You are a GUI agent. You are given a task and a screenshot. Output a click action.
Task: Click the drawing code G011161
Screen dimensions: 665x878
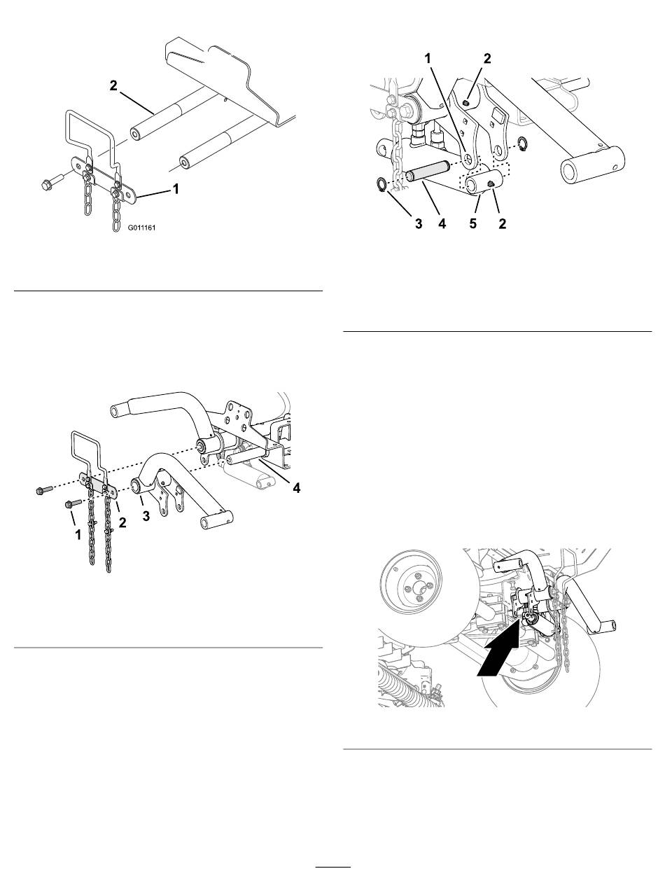pyautogui.click(x=141, y=228)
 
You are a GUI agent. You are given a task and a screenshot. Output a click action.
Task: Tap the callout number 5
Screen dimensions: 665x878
pyautogui.click(x=472, y=223)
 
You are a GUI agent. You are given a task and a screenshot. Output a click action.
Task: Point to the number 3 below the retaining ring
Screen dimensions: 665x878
pyautogui.click(x=419, y=223)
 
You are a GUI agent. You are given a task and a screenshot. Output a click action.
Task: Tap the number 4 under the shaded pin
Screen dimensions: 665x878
pyautogui.click(x=442, y=223)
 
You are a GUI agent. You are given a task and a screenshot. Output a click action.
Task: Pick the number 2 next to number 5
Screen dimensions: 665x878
pyautogui.click(x=502, y=223)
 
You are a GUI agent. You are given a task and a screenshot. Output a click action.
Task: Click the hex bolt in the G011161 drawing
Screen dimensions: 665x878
pyautogui.click(x=52, y=181)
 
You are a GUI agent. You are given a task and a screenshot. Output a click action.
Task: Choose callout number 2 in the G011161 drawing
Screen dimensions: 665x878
pyautogui.click(x=113, y=85)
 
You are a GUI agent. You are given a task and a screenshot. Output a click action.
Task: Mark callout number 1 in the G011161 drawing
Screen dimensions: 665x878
pyautogui.click(x=175, y=188)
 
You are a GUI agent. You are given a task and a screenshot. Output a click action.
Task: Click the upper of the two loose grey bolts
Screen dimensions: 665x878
pyautogui.click(x=44, y=489)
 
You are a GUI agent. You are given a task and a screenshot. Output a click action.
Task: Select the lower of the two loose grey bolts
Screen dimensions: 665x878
pyautogui.click(x=73, y=503)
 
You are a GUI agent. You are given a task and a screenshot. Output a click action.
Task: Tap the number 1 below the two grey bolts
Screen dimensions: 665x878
pyautogui.click(x=78, y=534)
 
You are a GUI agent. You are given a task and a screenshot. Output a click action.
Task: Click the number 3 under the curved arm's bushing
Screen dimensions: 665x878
pyautogui.click(x=146, y=515)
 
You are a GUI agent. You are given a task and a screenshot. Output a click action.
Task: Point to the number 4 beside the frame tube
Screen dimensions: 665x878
pyautogui.click(x=296, y=487)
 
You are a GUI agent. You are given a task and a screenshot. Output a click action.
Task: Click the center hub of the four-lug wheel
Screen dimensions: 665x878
pyautogui.click(x=412, y=588)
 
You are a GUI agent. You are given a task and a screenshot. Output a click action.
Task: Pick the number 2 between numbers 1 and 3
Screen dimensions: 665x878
pyautogui.click(x=122, y=522)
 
